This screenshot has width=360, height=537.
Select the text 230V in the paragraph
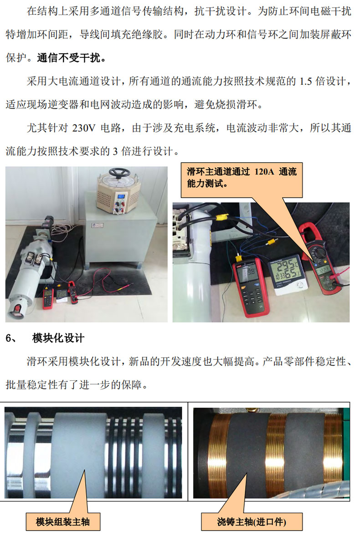pyautogui.click(x=84, y=128)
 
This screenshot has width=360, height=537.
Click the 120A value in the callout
pyautogui.click(x=264, y=171)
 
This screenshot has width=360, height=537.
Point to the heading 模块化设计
pyautogui.click(x=58, y=338)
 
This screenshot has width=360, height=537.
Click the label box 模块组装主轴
pyautogui.click(x=63, y=522)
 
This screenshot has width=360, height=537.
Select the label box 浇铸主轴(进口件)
pyautogui.click(x=252, y=522)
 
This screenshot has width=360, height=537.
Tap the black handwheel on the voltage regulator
pyautogui.click(x=119, y=172)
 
